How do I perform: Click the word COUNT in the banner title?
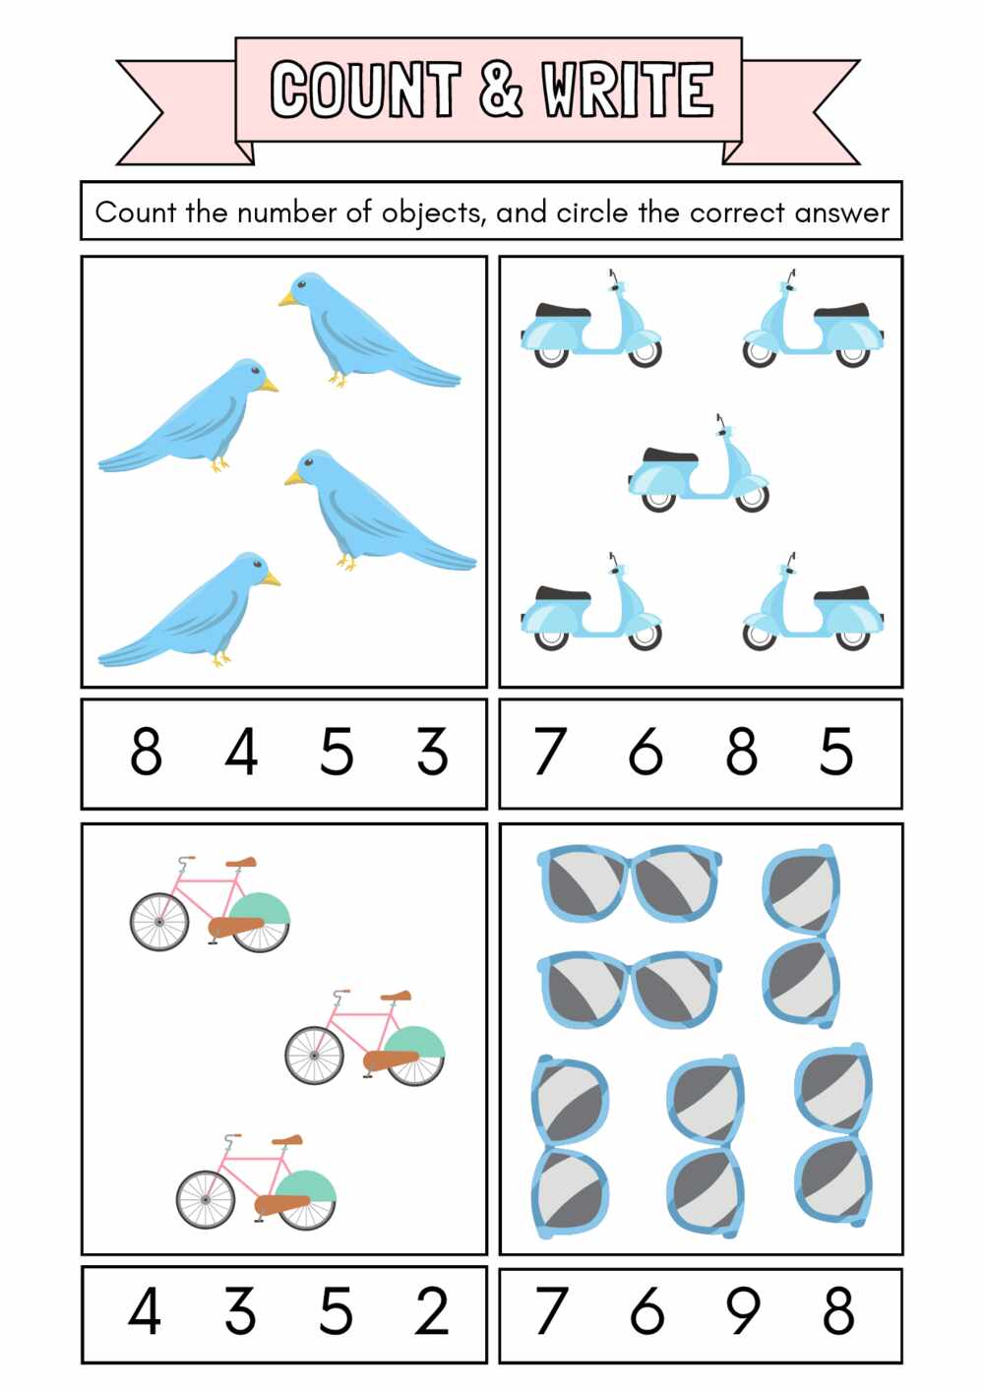point(365,89)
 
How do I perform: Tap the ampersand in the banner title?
point(501,89)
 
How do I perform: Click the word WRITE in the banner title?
point(627,89)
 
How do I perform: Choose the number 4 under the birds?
point(241,753)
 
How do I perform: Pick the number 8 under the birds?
point(146,753)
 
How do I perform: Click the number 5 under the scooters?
point(836,753)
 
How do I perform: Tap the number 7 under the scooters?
point(550,753)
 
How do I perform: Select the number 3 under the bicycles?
point(240,1311)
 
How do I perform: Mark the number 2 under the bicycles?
point(432,1311)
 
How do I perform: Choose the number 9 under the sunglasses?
point(743,1311)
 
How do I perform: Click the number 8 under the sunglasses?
point(838,1311)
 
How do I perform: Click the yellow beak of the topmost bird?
point(286,299)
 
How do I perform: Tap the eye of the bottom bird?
point(259,565)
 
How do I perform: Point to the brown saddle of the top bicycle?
point(242,862)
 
